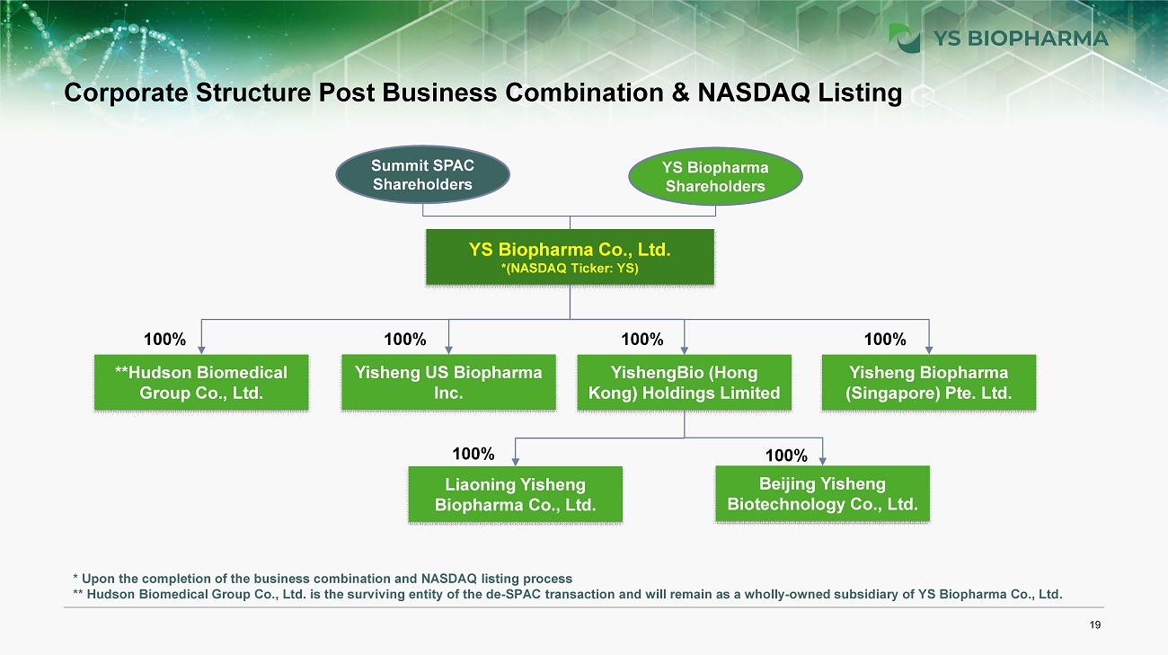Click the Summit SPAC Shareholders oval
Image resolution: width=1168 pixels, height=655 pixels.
point(422,175)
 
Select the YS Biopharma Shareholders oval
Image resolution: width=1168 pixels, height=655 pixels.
point(714,177)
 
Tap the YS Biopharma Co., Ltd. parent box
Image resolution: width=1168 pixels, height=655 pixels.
point(570,257)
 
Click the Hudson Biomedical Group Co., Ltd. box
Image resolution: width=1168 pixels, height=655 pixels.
point(201,383)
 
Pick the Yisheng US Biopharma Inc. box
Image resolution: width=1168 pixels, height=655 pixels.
point(448,383)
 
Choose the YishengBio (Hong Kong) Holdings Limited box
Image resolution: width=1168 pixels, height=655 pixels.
point(684,383)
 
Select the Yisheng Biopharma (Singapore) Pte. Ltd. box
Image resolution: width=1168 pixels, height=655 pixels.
point(929,383)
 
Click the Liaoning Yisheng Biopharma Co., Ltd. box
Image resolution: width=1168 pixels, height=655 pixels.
point(515,494)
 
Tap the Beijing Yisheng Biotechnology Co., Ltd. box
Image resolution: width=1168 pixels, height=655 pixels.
point(822,494)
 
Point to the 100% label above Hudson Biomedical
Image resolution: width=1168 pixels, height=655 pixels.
point(165,340)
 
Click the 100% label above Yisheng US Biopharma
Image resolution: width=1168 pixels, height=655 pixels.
point(404,340)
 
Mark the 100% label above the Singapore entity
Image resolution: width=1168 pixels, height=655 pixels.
point(885,340)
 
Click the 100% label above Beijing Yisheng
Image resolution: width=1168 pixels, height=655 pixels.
point(786,456)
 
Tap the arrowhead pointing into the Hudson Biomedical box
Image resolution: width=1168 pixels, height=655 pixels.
point(201,350)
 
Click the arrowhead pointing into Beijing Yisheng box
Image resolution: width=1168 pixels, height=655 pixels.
point(823,461)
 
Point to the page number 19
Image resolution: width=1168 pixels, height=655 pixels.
point(1094,626)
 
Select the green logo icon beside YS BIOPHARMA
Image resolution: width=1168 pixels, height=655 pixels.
point(904,38)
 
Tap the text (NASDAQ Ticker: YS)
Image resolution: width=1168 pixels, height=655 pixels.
point(570,270)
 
